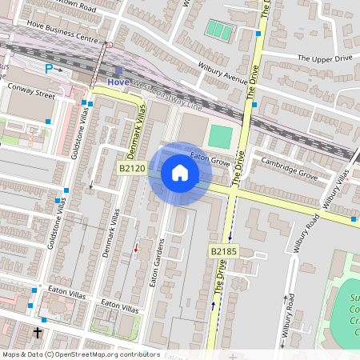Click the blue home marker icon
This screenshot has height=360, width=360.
coord(180,173)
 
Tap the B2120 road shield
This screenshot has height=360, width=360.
coord(132,168)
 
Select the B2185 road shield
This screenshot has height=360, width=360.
coord(226,251)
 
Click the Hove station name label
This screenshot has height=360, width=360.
coord(118,82)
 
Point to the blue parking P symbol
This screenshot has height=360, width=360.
coord(49,70)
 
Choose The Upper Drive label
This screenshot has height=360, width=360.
coord(325,58)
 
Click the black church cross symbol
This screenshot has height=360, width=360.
coord(38,331)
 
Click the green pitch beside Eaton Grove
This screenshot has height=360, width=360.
coord(219,135)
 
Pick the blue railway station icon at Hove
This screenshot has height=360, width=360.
coord(118,71)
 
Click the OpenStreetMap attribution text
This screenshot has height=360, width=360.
coord(81,354)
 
